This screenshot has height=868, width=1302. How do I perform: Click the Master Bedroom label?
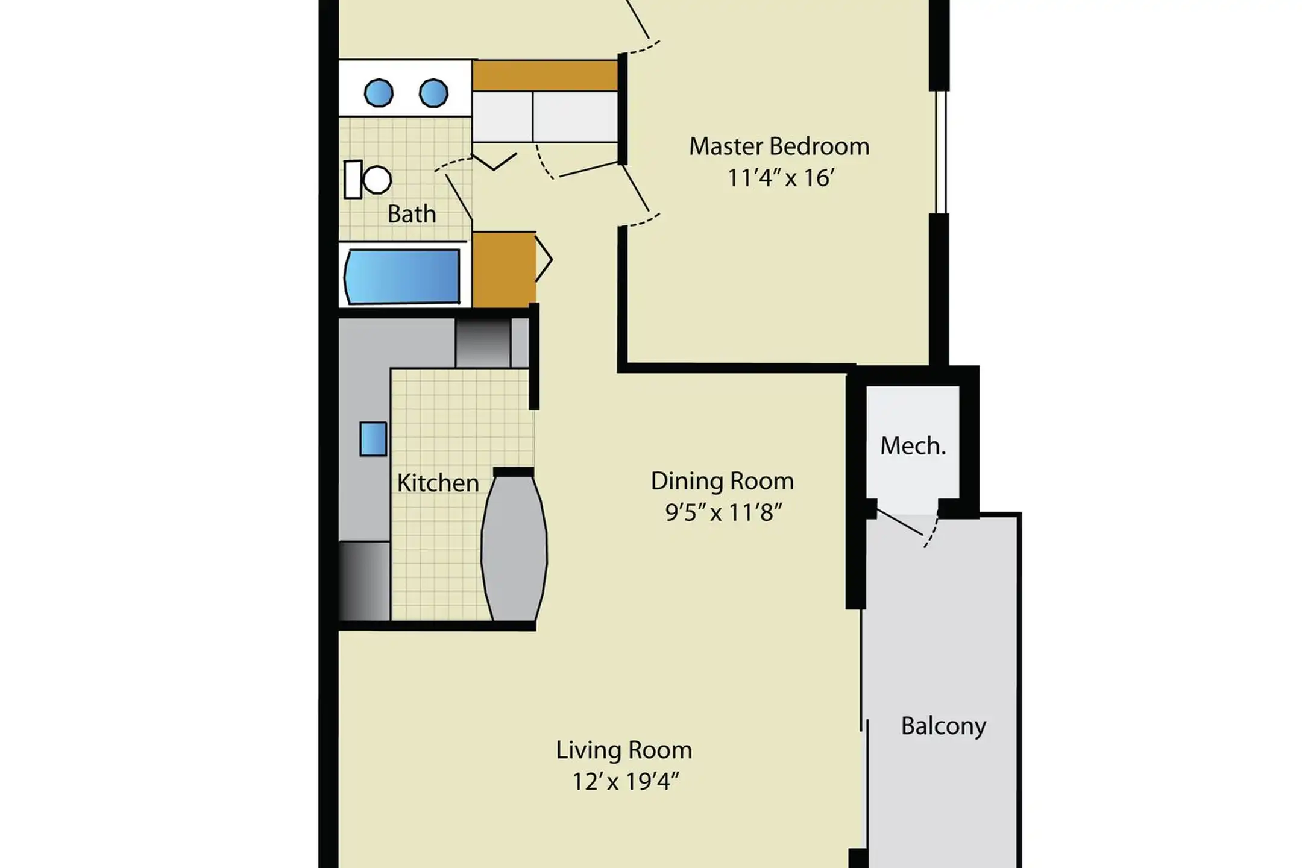[779, 146]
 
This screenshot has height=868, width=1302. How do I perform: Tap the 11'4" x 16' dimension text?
[781, 178]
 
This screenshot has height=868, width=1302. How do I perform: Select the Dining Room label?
[722, 481]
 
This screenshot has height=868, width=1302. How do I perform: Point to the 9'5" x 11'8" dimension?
[723, 512]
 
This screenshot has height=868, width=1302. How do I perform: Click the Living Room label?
[624, 750]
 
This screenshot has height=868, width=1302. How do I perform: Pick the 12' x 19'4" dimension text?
[625, 782]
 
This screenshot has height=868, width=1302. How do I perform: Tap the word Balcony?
[943, 726]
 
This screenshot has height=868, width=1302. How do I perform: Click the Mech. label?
[913, 446]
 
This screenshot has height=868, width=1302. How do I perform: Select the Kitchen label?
[438, 483]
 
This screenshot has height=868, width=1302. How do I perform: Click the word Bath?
[411, 214]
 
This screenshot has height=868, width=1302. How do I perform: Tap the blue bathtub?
[402, 277]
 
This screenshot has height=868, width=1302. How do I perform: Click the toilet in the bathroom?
[368, 179]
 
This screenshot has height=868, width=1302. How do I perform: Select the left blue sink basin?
[379, 93]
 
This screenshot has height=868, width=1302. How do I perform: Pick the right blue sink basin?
[433, 93]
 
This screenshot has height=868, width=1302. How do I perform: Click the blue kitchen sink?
[373, 439]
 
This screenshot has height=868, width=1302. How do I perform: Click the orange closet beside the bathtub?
[504, 269]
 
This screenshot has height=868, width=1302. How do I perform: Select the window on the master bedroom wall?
[940, 153]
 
